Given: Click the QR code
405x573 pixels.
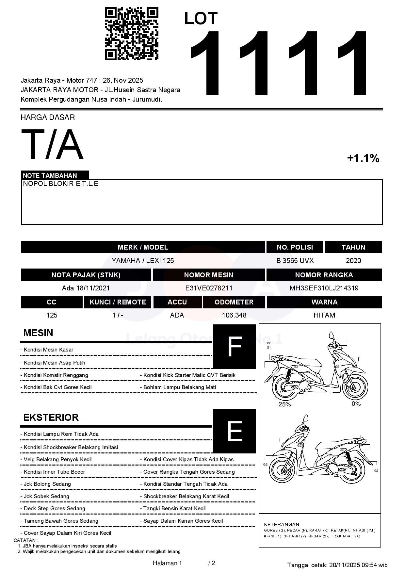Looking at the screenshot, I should tap(131, 34).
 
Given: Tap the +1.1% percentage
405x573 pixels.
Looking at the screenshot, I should tap(363, 158).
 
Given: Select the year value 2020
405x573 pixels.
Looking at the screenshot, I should tap(353, 261).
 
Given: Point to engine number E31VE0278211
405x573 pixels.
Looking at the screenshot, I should tap(209, 288).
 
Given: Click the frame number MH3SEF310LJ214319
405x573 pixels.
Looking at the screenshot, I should tap(324, 288).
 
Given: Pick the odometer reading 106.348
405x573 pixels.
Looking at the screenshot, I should tap(234, 315).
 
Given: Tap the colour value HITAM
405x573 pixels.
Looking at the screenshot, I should tap(324, 315).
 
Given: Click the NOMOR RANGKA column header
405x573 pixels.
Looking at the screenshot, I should tap(324, 275).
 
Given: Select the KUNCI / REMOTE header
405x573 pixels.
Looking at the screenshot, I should tap(118, 302).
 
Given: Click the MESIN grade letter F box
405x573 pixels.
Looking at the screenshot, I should tap(234, 347).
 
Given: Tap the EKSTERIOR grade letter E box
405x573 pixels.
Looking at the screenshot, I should tap(234, 431).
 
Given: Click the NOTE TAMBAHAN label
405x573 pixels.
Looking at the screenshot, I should tap(50, 175).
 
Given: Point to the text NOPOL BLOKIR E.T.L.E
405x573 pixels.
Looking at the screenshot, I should tap(60, 184).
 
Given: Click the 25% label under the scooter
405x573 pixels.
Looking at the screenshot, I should tap(284, 404).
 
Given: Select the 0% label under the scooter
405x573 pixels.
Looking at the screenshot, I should tap(356, 404).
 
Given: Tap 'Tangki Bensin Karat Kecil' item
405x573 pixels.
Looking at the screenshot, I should tap(174, 509).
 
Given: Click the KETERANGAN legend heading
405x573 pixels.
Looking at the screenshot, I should tap(282, 524).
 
